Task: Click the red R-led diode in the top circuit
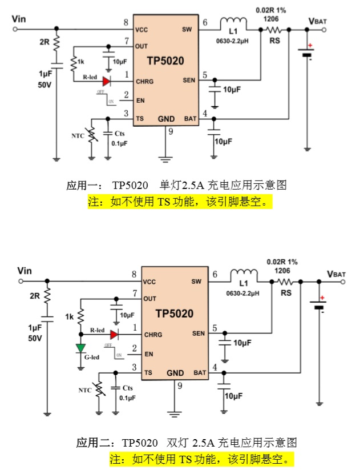(x=106, y=81)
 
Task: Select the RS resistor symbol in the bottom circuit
(x=285, y=282)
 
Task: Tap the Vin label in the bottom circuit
(x=25, y=270)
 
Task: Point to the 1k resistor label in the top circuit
(x=82, y=61)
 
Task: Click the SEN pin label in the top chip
(x=189, y=80)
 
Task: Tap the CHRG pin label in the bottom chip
(x=153, y=335)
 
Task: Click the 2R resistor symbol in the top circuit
(x=56, y=43)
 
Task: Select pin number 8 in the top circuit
(x=125, y=23)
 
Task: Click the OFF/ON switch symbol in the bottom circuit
(x=112, y=351)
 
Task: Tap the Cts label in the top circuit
(x=119, y=134)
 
